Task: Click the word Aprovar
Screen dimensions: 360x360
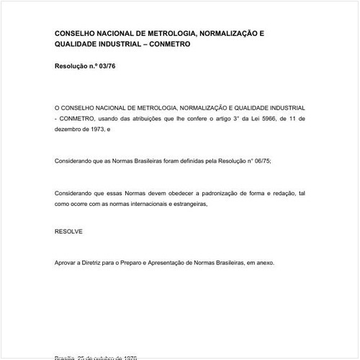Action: tap(67, 263)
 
